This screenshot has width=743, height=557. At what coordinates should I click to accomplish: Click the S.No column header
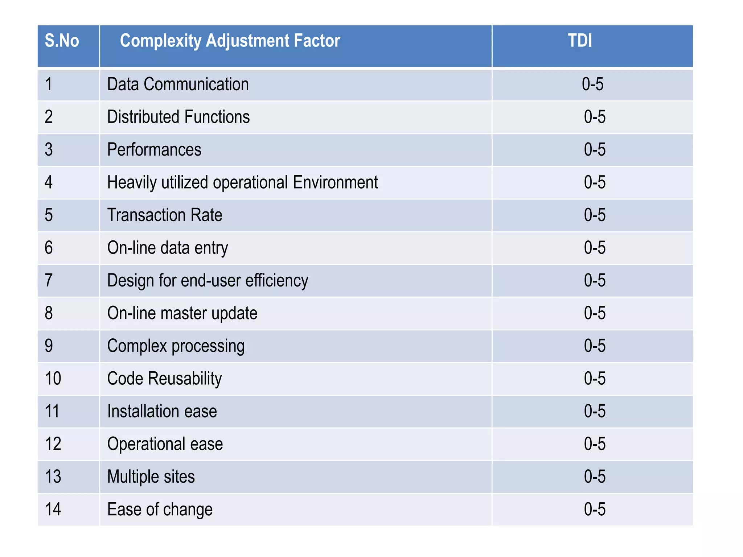(x=62, y=41)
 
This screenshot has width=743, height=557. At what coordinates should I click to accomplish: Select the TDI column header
(x=580, y=41)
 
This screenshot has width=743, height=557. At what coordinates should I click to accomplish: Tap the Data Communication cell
(x=178, y=84)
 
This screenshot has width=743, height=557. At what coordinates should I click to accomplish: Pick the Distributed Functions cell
(x=178, y=117)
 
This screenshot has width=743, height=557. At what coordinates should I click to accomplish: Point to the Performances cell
(x=154, y=150)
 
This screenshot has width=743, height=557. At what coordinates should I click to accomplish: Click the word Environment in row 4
(x=335, y=182)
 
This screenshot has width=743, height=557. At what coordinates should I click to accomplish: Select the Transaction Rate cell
(x=165, y=215)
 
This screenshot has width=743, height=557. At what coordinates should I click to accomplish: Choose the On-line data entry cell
(x=168, y=248)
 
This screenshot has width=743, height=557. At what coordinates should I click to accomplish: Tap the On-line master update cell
(x=182, y=313)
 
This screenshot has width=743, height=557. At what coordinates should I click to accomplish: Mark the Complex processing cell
(x=176, y=346)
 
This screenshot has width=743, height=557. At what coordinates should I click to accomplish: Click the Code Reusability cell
(x=164, y=379)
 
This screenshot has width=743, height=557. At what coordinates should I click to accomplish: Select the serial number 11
(x=52, y=412)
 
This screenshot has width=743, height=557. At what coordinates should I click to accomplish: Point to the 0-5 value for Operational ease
(x=595, y=444)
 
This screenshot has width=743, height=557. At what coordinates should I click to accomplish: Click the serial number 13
(x=53, y=477)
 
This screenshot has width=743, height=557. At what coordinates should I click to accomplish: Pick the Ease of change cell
(x=160, y=509)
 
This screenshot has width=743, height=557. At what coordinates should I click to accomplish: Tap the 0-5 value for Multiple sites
(x=595, y=477)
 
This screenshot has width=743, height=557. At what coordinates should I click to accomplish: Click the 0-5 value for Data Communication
(x=592, y=84)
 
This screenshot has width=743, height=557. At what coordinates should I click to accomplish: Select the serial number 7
(x=49, y=281)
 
